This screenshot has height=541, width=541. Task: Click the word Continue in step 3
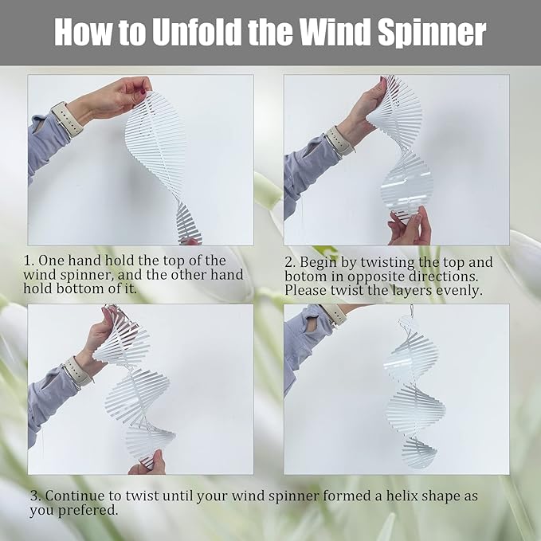click(x=76, y=496)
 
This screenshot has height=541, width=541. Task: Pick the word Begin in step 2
click(x=319, y=262)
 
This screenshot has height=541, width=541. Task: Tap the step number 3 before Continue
click(x=33, y=496)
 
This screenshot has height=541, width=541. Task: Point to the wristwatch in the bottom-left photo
click(x=77, y=372)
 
